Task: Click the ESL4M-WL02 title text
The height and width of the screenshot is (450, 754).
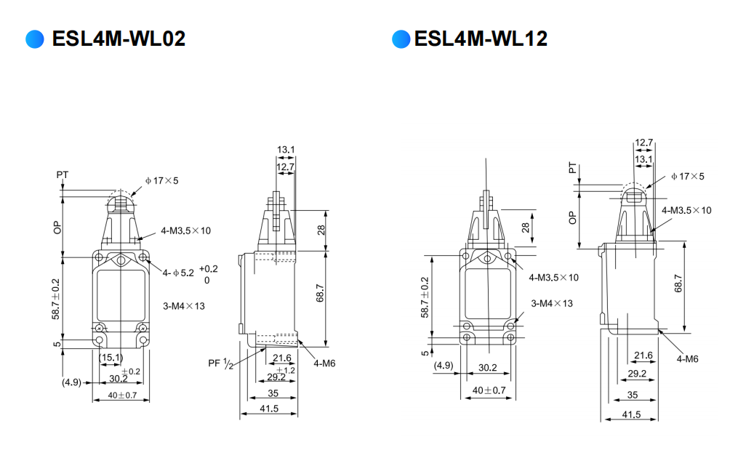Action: [x=119, y=39]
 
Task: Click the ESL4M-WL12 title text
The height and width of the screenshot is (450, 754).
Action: [x=481, y=39]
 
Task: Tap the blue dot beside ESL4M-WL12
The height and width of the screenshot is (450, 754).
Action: [x=401, y=39]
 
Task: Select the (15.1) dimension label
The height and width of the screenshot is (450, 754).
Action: [x=111, y=357]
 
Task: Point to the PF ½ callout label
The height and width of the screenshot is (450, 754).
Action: [x=221, y=364]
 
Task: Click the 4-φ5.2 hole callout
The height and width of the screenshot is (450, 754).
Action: [x=178, y=273]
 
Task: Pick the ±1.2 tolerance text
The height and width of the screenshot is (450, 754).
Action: [x=286, y=370]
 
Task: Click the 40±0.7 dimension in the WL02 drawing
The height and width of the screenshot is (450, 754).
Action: [x=121, y=395]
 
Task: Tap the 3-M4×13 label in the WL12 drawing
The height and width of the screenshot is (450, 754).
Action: [x=552, y=303]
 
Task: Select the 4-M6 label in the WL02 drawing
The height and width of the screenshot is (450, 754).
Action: [x=324, y=363]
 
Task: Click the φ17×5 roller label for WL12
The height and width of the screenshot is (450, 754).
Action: [x=688, y=177]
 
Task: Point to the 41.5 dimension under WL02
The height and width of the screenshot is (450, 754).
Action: [x=269, y=409]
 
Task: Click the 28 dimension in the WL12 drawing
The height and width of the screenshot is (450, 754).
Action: [x=526, y=227]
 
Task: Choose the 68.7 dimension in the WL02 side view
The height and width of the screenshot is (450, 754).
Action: [x=320, y=293]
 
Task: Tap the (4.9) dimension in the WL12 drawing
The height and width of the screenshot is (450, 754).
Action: [x=444, y=366]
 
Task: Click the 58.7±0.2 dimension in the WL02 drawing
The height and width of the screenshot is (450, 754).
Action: [x=56, y=299]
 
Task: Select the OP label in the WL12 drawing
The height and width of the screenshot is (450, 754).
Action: [x=572, y=218]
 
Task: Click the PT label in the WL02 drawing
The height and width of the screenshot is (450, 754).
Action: [x=63, y=174]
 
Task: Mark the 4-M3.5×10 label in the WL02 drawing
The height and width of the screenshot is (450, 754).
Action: [x=185, y=230]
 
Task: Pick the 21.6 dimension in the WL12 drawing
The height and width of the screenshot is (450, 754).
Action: [x=643, y=355]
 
